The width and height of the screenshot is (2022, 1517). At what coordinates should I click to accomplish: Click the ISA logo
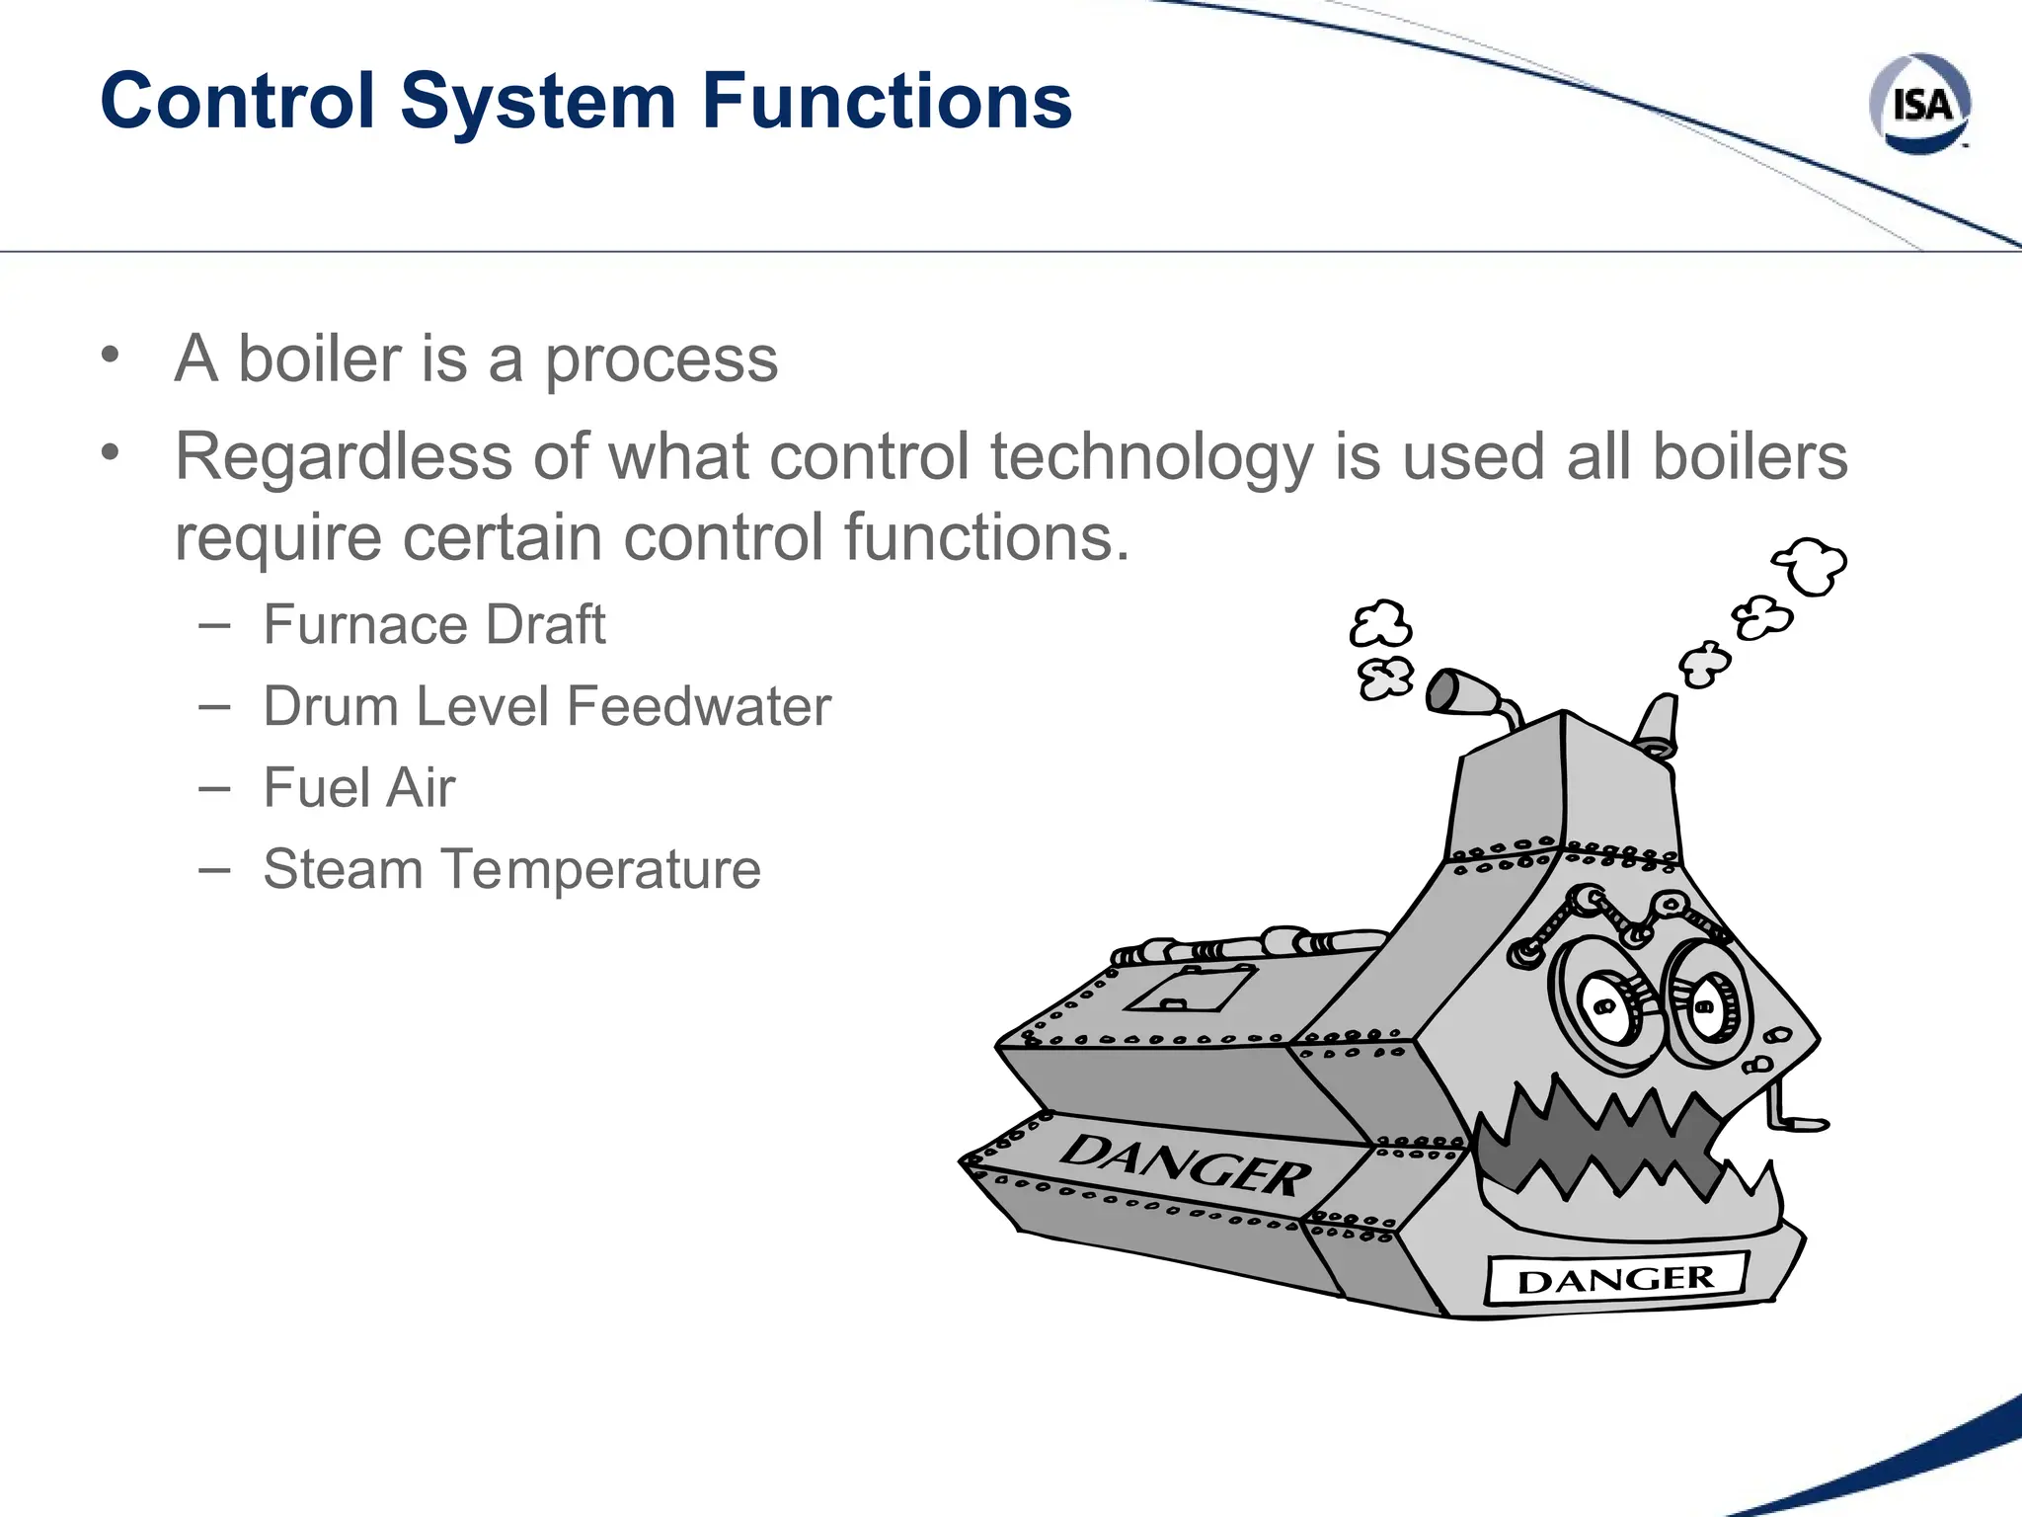[x=1919, y=104]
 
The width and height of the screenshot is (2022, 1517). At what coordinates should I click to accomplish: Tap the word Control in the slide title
[x=238, y=101]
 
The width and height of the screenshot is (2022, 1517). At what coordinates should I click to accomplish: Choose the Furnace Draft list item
[x=433, y=625]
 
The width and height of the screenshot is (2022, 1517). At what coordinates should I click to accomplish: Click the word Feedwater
[x=699, y=707]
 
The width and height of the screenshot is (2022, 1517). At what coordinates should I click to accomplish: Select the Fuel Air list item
[x=358, y=788]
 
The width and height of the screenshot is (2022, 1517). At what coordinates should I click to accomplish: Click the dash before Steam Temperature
[x=214, y=870]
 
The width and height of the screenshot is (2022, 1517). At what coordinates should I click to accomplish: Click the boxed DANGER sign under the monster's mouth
[x=1616, y=1279]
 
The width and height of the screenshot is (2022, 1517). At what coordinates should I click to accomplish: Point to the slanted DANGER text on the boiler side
[x=1185, y=1165]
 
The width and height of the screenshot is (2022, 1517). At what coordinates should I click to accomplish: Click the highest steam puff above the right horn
[x=1811, y=566]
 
